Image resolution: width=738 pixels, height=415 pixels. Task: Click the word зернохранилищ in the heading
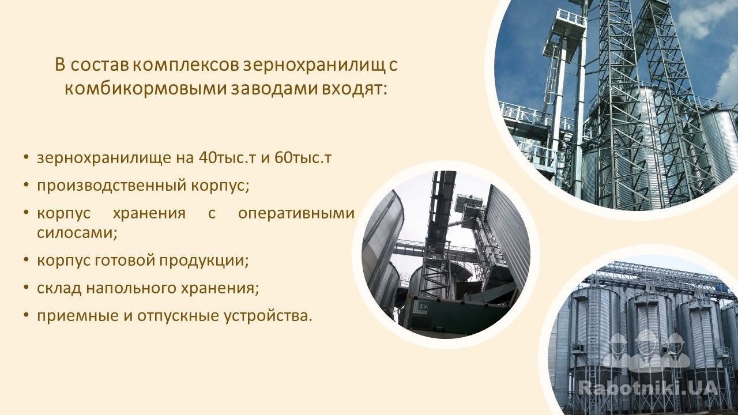(x=314, y=66)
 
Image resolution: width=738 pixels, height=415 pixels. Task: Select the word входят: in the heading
(x=355, y=89)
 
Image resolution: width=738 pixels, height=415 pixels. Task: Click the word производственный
(x=112, y=186)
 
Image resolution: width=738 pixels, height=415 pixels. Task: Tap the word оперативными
(x=296, y=214)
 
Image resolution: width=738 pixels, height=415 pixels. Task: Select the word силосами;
(x=77, y=233)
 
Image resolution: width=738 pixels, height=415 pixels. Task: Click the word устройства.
(x=268, y=316)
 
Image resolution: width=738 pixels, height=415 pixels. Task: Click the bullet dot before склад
(x=26, y=288)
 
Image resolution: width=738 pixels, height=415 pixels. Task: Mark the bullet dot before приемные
(x=26, y=315)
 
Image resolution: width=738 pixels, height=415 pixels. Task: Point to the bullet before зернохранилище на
(x=26, y=158)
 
